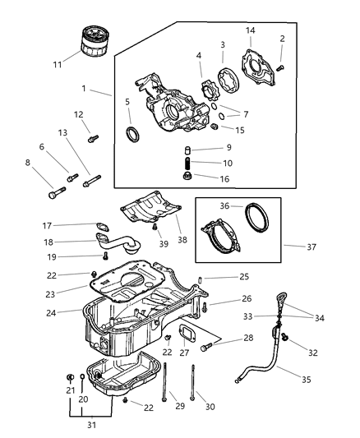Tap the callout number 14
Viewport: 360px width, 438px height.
(x=250, y=30)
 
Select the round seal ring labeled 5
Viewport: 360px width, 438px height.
(x=132, y=134)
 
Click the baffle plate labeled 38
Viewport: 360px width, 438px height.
(x=152, y=207)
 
